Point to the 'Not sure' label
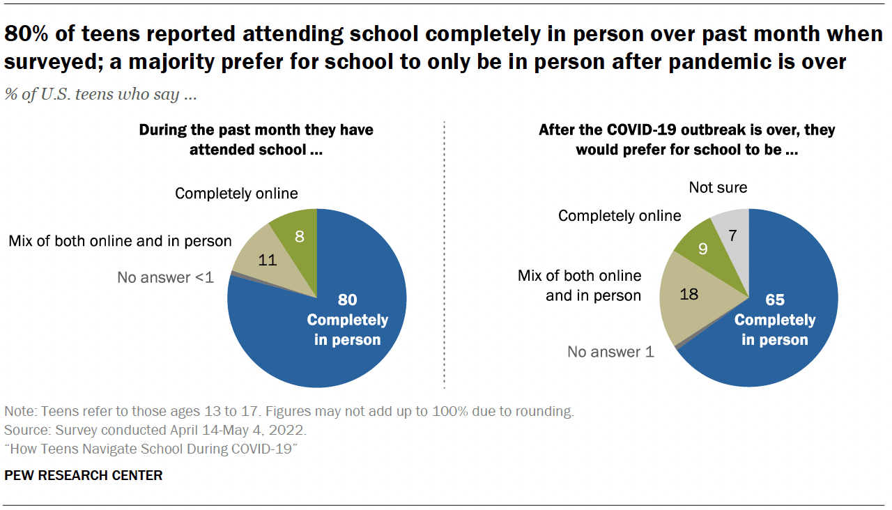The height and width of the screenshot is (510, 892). point(718,187)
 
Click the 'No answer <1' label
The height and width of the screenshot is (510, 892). point(165,277)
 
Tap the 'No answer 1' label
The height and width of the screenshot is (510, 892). point(610,352)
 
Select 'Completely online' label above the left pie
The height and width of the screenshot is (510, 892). point(236,193)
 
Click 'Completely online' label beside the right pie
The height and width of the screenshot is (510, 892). point(620,216)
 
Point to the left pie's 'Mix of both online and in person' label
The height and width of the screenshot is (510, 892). point(120,241)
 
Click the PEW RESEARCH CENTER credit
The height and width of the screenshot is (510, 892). point(84,475)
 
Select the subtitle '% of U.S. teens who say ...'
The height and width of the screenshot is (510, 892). point(100,95)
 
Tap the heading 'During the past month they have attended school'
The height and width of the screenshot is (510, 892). point(256,139)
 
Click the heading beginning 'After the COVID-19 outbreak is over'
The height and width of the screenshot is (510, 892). point(686,139)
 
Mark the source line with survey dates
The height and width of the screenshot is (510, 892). point(155,429)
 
